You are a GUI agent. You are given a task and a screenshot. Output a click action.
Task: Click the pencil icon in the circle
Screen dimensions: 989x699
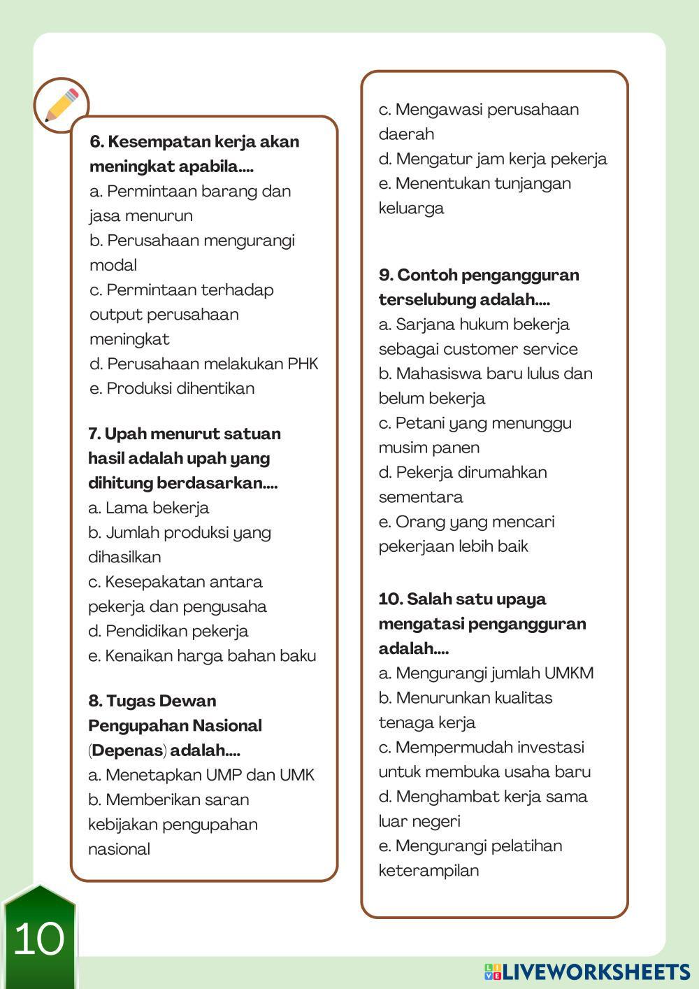click(62, 105)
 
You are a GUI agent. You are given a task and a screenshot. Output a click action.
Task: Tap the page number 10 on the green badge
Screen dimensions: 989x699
click(39, 939)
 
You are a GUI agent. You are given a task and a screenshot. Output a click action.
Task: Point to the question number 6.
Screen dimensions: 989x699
click(96, 142)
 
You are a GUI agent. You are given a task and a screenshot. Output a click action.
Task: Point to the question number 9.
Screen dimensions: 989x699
click(386, 275)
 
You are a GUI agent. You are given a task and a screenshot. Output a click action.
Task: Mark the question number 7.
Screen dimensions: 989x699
click(94, 434)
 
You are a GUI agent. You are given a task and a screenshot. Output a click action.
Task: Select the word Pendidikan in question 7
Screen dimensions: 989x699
click(146, 631)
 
